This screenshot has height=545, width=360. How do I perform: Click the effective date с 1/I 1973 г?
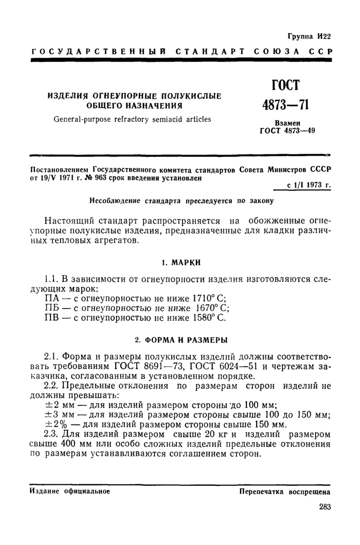(309, 188)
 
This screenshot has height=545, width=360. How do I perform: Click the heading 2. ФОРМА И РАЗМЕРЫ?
(181, 340)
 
